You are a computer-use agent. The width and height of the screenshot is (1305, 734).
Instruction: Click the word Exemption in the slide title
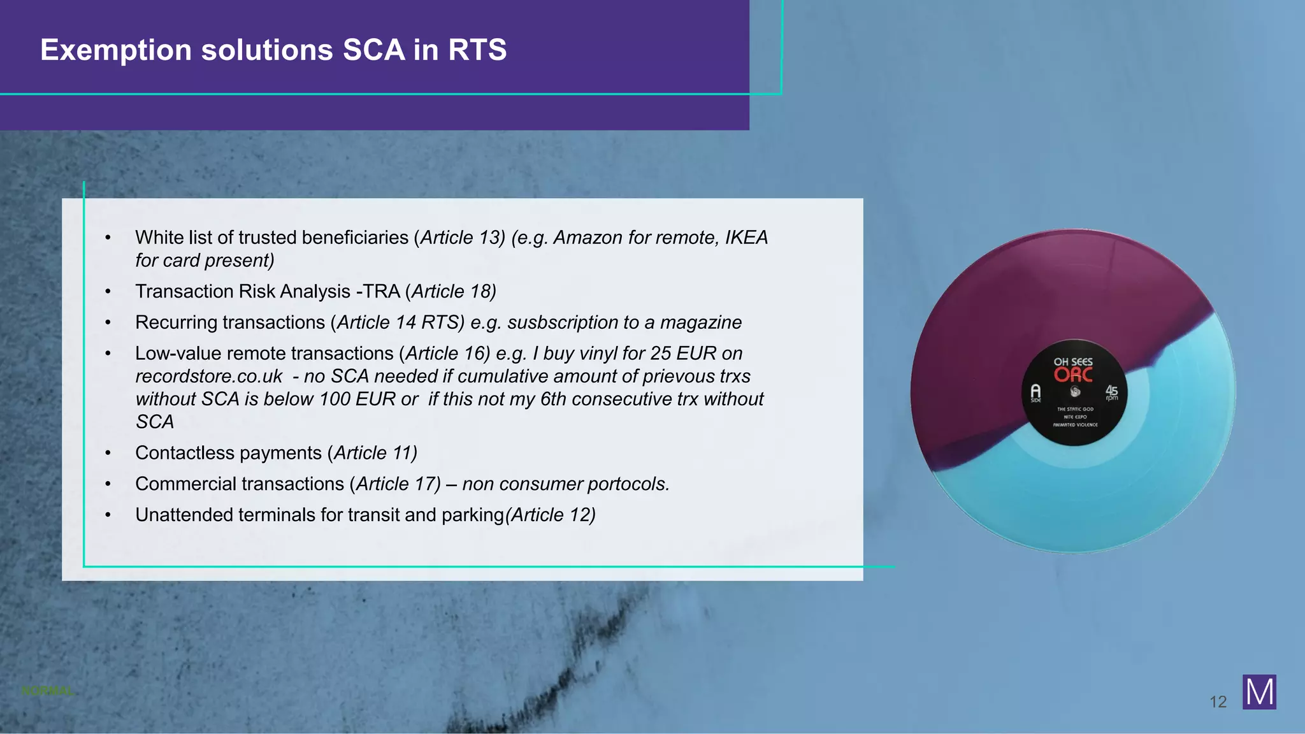(115, 50)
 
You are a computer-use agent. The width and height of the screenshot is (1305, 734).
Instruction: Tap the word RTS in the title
(477, 50)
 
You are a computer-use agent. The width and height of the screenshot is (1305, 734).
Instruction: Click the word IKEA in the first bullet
(746, 238)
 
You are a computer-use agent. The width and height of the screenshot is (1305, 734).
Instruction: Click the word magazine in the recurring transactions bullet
(700, 322)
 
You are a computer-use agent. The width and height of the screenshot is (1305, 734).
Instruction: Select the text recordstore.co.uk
(208, 377)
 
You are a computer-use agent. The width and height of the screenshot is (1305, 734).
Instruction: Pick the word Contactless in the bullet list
(179, 453)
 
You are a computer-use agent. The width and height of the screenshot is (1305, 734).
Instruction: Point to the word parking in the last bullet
(472, 515)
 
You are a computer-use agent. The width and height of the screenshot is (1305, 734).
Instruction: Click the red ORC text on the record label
(1073, 375)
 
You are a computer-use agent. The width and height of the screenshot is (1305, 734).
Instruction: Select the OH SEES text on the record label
(1073, 361)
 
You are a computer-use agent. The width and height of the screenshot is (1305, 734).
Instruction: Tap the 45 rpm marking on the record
(1111, 392)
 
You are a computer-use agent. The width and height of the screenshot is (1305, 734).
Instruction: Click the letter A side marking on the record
(1035, 392)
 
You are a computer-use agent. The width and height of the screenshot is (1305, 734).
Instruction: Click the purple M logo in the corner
(1259, 692)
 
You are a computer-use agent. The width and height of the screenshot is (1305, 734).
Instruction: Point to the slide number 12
(1218, 702)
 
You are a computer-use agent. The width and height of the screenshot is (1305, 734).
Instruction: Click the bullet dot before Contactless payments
(108, 453)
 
